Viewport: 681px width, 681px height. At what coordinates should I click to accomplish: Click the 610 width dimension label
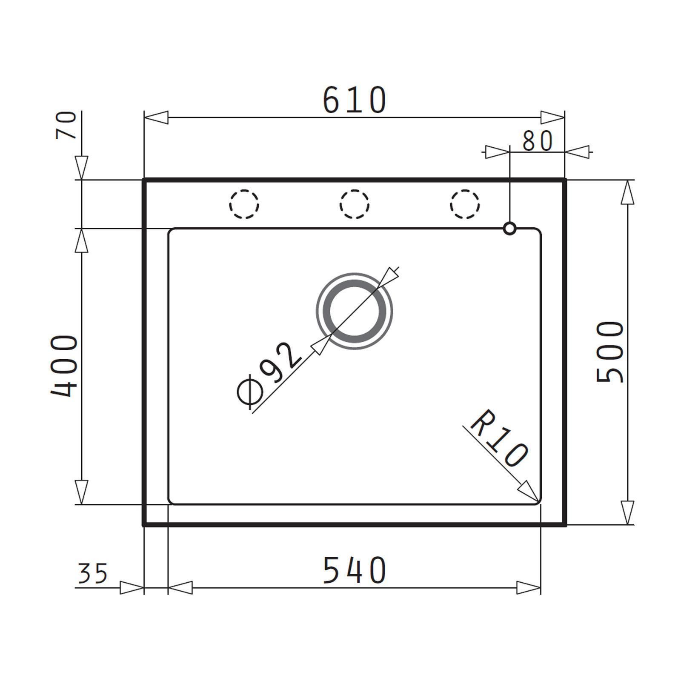click(355, 100)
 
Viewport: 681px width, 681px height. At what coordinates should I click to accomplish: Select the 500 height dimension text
click(610, 352)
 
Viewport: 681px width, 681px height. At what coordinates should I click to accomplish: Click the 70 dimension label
click(66, 125)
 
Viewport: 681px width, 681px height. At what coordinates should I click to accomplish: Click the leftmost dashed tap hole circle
click(244, 204)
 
